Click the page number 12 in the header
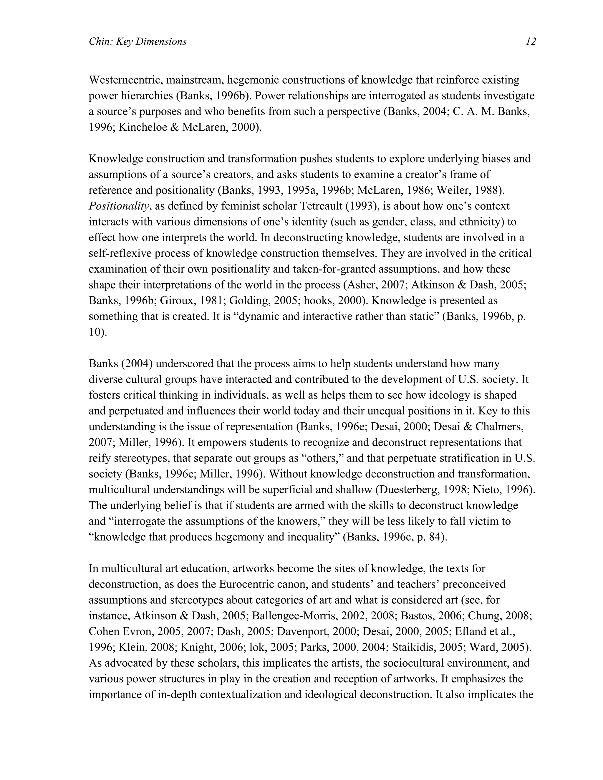(x=531, y=42)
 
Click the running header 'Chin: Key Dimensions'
(x=138, y=42)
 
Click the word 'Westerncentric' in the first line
(x=123, y=80)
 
